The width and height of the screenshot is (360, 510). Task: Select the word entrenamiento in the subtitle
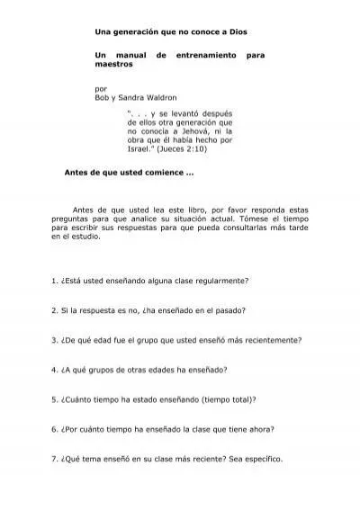203,56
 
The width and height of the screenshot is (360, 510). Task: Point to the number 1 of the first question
54,281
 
